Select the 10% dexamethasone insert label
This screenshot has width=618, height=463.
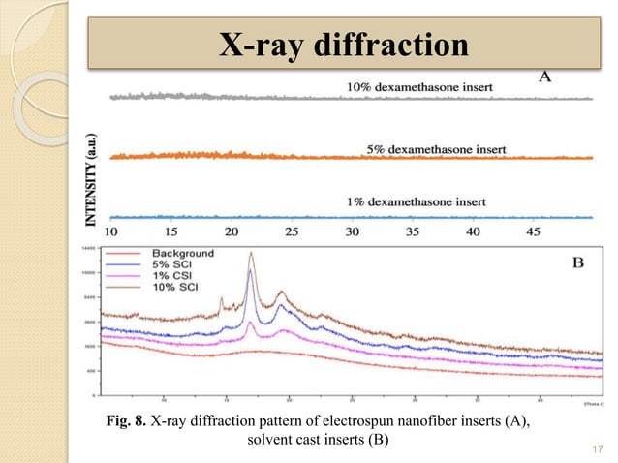(x=419, y=87)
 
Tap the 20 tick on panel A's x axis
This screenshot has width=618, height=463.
(x=231, y=232)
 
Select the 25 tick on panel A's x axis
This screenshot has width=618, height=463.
(x=291, y=232)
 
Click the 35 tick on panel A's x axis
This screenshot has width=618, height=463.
(x=412, y=232)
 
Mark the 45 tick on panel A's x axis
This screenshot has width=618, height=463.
(x=532, y=232)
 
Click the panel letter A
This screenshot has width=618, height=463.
(x=545, y=78)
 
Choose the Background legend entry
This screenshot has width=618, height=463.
(x=180, y=254)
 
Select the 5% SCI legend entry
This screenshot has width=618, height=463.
(x=170, y=263)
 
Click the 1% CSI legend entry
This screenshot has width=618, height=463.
(x=170, y=273)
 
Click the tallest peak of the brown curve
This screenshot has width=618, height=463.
(x=251, y=254)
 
